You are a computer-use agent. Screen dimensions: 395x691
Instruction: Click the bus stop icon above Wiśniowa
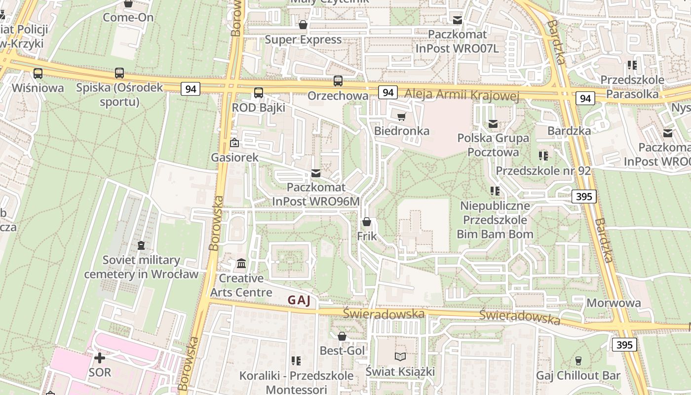tap(38, 74)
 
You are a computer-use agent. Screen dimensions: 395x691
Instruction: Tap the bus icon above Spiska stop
tap(119, 73)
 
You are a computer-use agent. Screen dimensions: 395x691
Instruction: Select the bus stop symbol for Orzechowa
tap(338, 81)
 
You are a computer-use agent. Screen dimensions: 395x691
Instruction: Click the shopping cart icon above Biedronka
tap(401, 117)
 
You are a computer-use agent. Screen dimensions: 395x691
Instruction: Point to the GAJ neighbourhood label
tap(300, 300)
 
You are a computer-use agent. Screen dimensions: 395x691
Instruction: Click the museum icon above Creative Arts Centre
tap(241, 264)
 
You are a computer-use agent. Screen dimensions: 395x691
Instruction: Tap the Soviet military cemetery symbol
tap(141, 245)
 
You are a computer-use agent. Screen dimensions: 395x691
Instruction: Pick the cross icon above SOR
tap(100, 357)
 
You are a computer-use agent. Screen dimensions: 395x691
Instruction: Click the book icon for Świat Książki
tap(400, 356)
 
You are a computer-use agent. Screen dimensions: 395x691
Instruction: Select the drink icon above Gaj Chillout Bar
tap(578, 361)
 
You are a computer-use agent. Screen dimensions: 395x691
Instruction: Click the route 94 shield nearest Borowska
tap(191, 89)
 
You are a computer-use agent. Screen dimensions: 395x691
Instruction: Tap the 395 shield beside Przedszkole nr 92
tap(584, 197)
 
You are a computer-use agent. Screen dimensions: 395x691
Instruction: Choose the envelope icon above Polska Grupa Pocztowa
tap(493, 124)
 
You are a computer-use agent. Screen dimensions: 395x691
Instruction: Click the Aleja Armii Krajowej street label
tap(461, 95)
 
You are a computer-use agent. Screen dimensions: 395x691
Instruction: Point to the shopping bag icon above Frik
tap(366, 222)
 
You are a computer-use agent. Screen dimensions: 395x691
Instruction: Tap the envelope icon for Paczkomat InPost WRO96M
tap(316, 173)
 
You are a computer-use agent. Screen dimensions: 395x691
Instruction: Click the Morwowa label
tap(614, 303)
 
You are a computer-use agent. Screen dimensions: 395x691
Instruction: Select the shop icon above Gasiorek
tap(234, 143)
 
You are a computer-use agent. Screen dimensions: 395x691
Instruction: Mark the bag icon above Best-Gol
tap(342, 337)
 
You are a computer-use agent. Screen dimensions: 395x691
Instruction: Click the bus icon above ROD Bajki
tap(259, 92)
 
